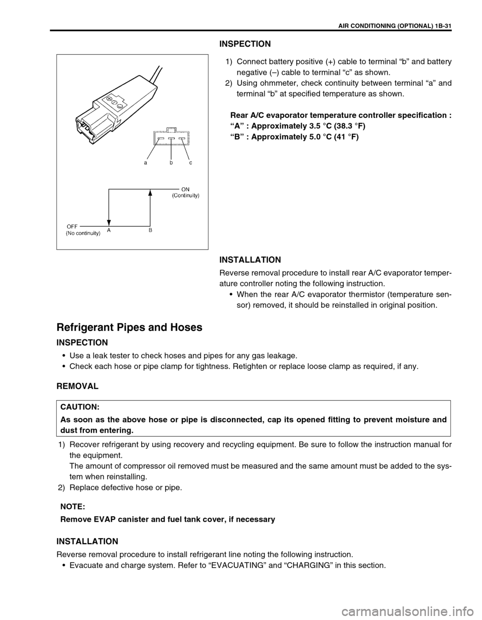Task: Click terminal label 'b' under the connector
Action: point(171,163)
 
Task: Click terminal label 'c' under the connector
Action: point(191,163)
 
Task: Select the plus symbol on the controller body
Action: point(109,99)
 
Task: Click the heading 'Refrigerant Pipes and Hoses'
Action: point(130,327)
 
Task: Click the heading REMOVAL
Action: point(77,386)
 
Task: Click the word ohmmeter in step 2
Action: point(279,83)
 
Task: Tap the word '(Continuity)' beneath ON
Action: point(186,195)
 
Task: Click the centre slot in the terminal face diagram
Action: point(171,138)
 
